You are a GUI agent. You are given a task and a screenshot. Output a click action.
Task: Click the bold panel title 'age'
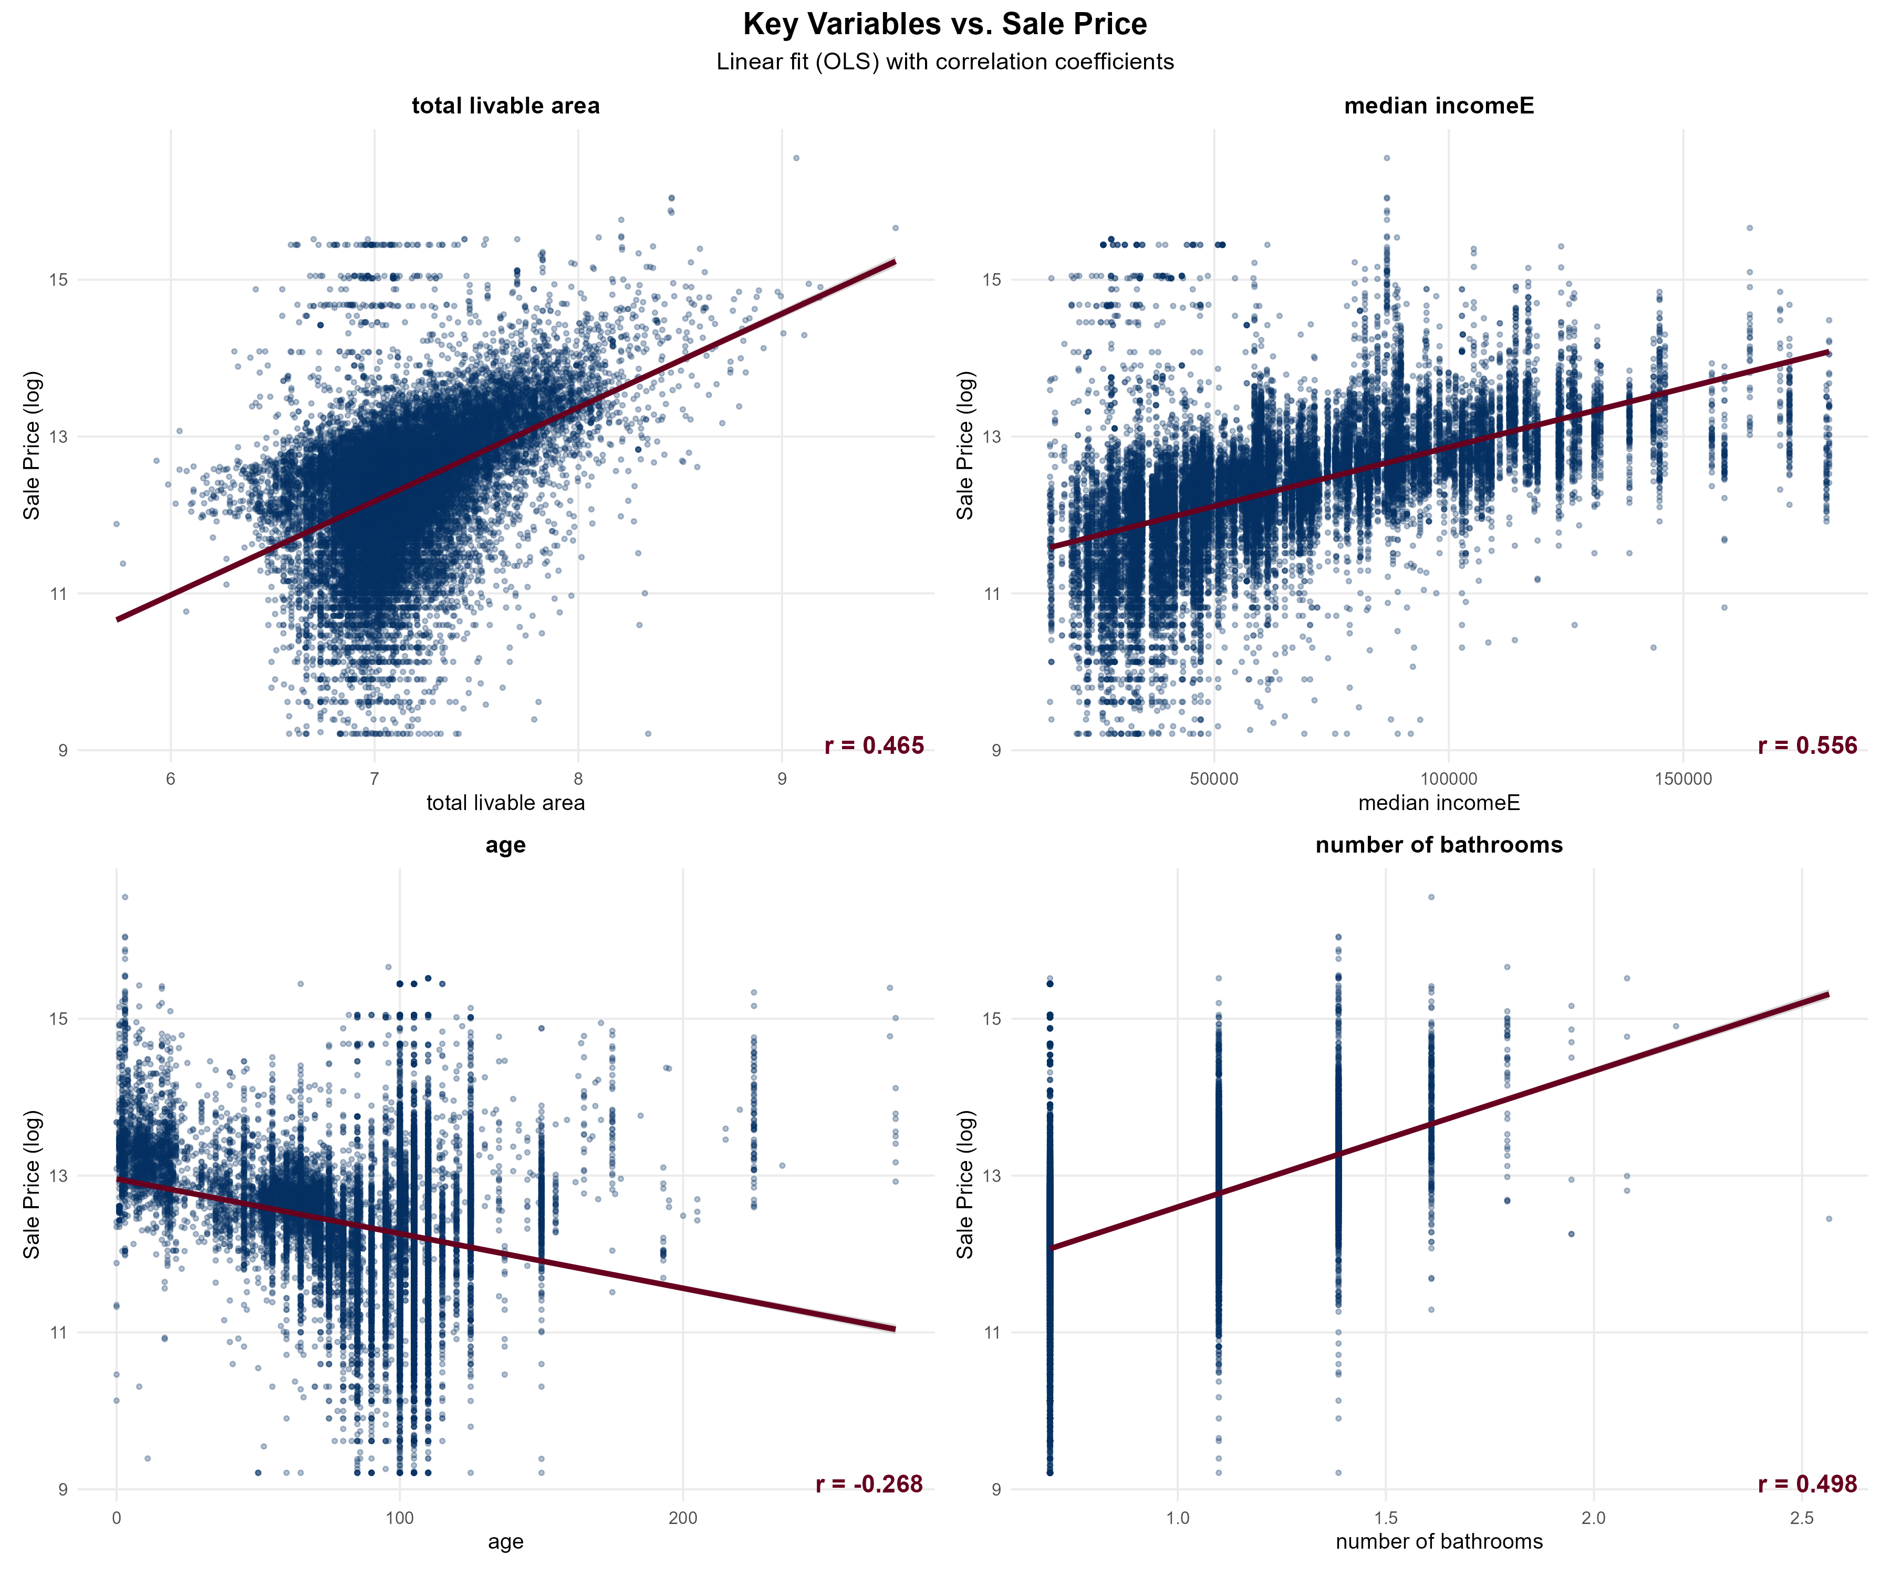point(505,845)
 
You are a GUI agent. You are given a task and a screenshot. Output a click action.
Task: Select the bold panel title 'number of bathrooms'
point(1439,845)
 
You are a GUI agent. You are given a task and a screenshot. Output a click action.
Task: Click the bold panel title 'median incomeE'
point(1439,106)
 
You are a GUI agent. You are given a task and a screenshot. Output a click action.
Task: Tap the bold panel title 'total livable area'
point(505,106)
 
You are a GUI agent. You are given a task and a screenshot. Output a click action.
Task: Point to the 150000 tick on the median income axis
point(1683,779)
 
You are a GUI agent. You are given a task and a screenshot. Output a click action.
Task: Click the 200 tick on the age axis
point(682,1518)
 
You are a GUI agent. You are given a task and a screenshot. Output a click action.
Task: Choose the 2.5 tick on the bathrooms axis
point(1802,1518)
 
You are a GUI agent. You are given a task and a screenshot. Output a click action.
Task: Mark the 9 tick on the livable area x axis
point(782,779)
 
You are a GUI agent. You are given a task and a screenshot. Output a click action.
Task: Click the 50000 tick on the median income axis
point(1214,779)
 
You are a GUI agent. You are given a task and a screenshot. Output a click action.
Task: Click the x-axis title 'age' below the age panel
point(505,1542)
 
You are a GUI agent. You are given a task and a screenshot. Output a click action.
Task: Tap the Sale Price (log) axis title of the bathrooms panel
point(965,1184)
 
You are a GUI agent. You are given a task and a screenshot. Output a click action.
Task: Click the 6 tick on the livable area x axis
point(171,779)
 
